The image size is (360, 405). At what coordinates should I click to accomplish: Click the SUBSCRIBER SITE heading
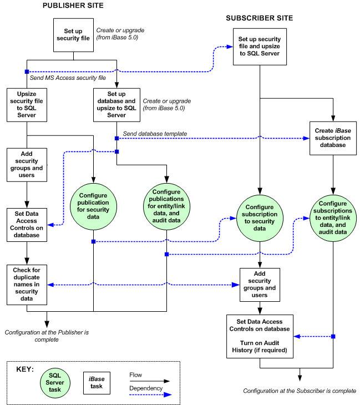[x=259, y=18]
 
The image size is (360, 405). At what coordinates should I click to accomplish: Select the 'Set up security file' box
[x=72, y=35]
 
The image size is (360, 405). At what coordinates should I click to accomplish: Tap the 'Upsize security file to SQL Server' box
[x=27, y=104]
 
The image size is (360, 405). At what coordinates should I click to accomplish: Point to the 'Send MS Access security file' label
[x=68, y=79]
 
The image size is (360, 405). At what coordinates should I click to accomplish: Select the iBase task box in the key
[x=97, y=382]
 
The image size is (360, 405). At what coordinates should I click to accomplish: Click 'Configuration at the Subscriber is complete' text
[x=300, y=391]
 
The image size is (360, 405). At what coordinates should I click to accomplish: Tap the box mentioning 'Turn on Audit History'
[x=260, y=336]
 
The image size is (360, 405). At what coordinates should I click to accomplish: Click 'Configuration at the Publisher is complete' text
[x=47, y=336]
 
